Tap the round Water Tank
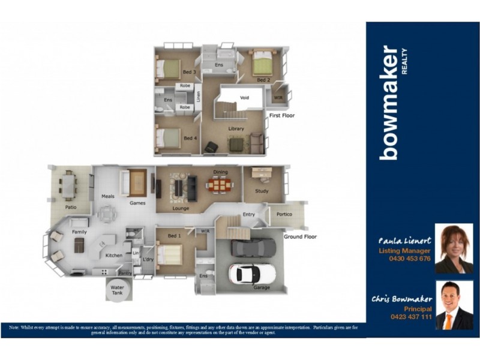pos(117,290)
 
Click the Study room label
pos(262,191)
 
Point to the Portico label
pos(284,214)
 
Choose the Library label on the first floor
pos(236,129)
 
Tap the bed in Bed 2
pos(262,62)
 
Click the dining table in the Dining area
pos(220,185)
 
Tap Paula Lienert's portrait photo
pos(454,248)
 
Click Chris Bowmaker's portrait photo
pos(454,305)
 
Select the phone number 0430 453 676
pos(410,259)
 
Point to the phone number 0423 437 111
pos(410,316)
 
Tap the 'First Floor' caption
pos(283,115)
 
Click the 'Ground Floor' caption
pos(300,236)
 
